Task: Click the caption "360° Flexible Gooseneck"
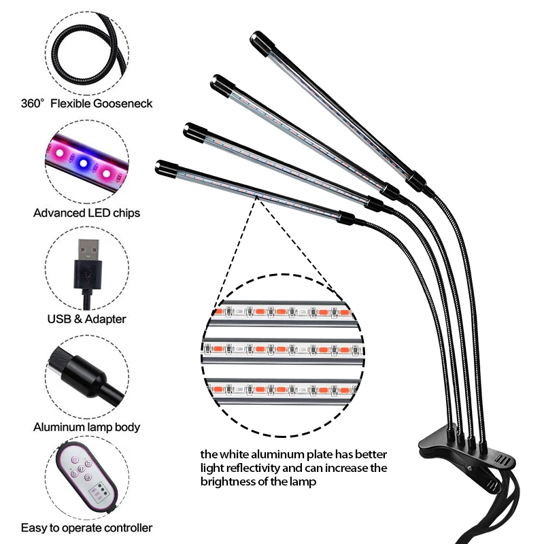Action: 86,104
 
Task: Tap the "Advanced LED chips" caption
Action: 86,213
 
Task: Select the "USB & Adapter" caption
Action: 86,318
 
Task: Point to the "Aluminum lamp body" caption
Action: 86,427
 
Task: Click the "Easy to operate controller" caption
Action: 86,528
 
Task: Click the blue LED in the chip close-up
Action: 83,163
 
